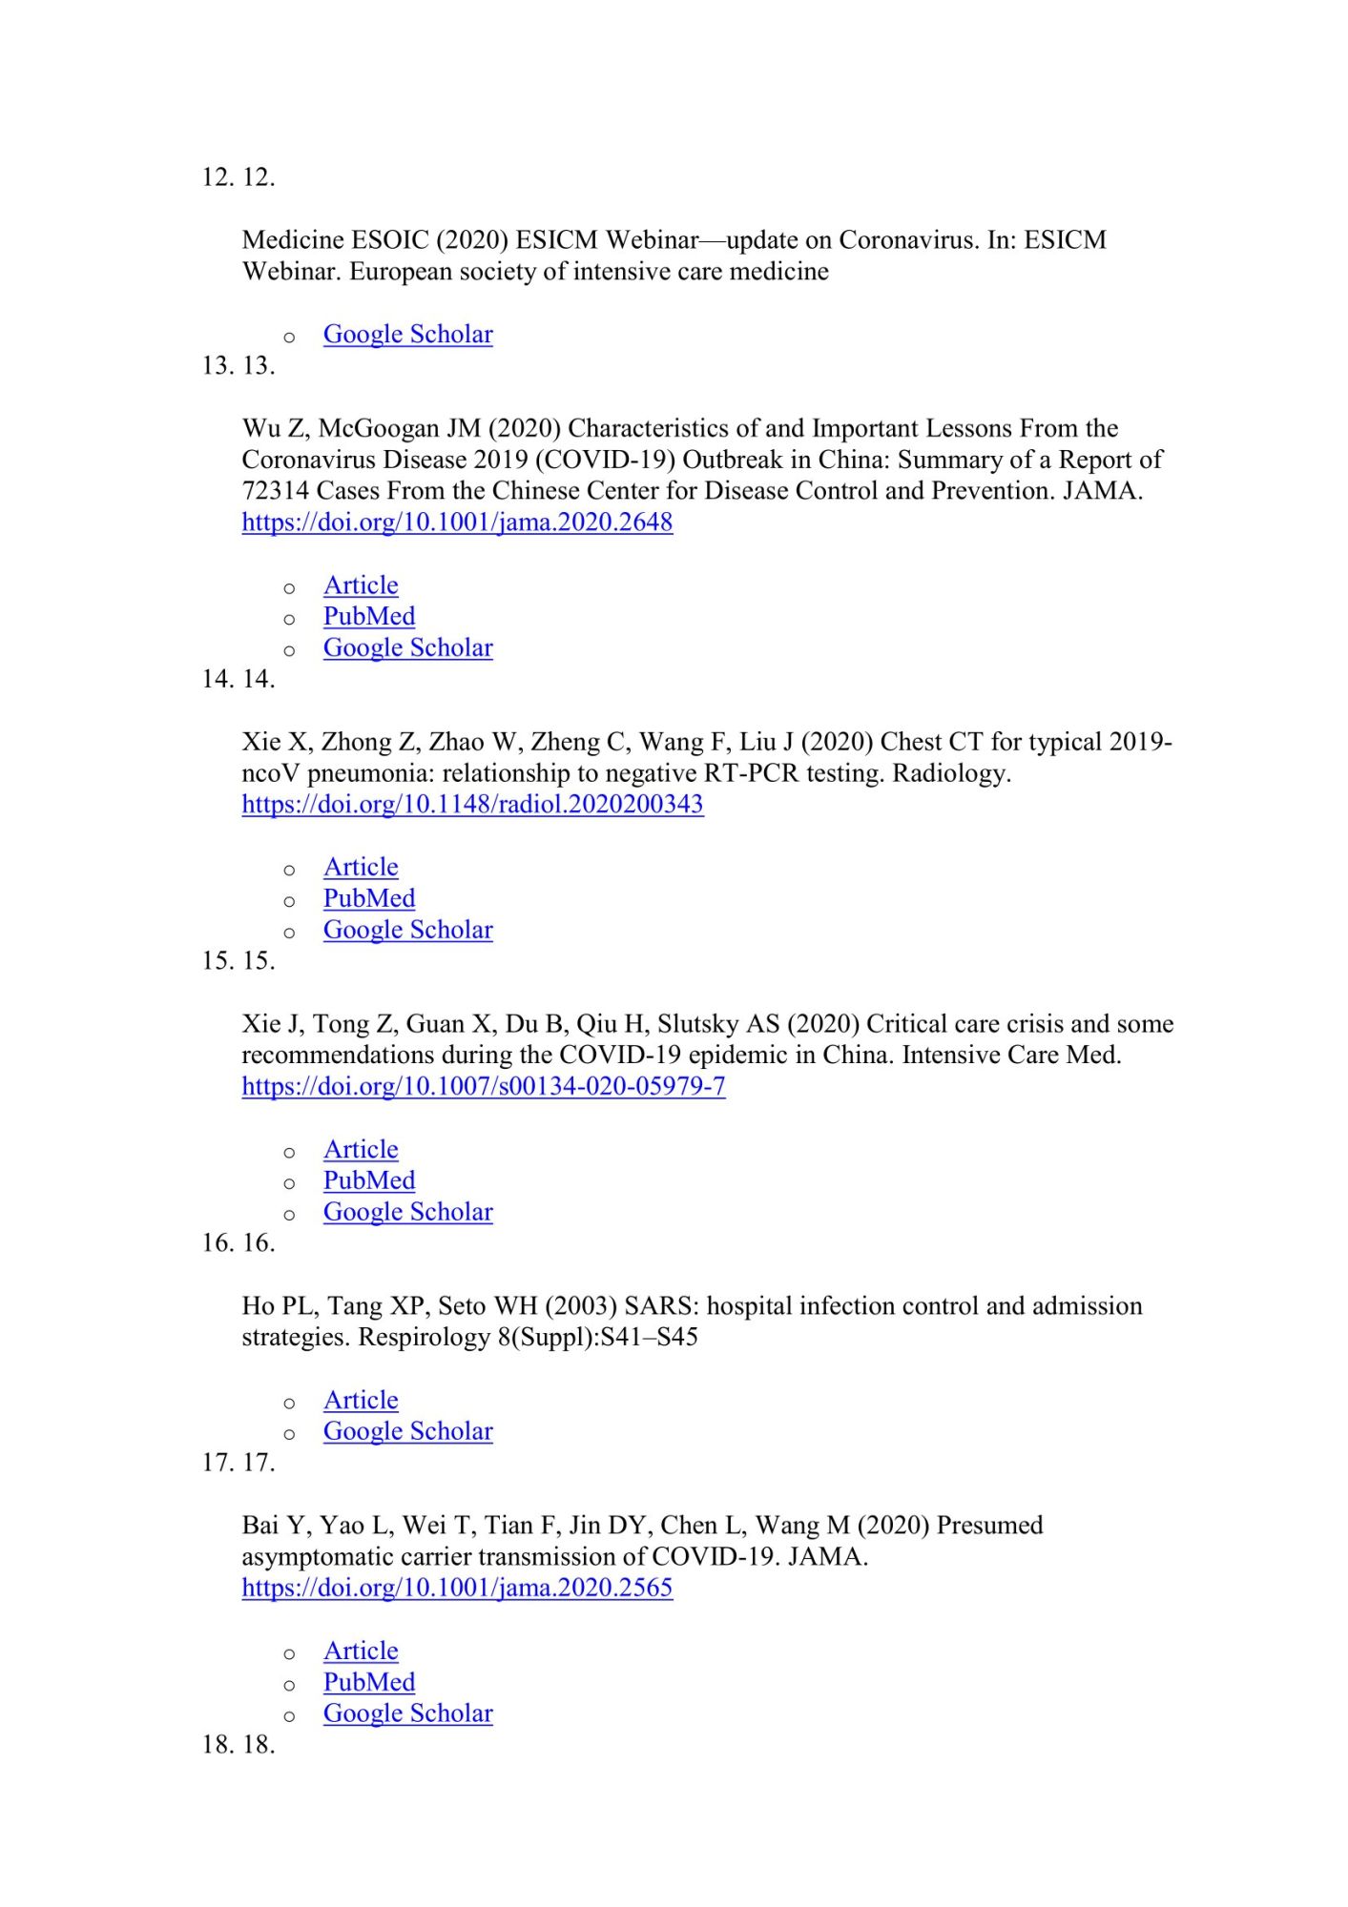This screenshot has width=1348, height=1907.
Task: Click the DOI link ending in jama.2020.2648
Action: pos(457,523)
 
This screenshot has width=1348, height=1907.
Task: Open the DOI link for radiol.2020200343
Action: pos(472,804)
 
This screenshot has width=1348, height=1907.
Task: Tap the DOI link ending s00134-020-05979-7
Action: pos(483,1086)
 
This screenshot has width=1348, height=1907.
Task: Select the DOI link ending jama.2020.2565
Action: pos(457,1588)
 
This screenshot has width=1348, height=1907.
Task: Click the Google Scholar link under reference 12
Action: pos(407,335)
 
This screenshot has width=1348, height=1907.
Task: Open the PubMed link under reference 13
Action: pos(369,617)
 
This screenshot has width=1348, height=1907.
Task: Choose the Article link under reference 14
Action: pos(361,867)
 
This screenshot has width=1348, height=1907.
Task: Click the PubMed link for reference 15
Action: pos(369,1180)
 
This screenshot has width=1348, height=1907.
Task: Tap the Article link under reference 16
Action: pos(361,1400)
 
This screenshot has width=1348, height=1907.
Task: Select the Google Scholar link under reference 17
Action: pos(407,1713)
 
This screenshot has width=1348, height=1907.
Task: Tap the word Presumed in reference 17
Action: pos(989,1526)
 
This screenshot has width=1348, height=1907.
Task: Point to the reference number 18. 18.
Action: pos(238,1745)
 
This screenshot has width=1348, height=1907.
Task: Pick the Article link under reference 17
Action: pos(361,1651)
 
